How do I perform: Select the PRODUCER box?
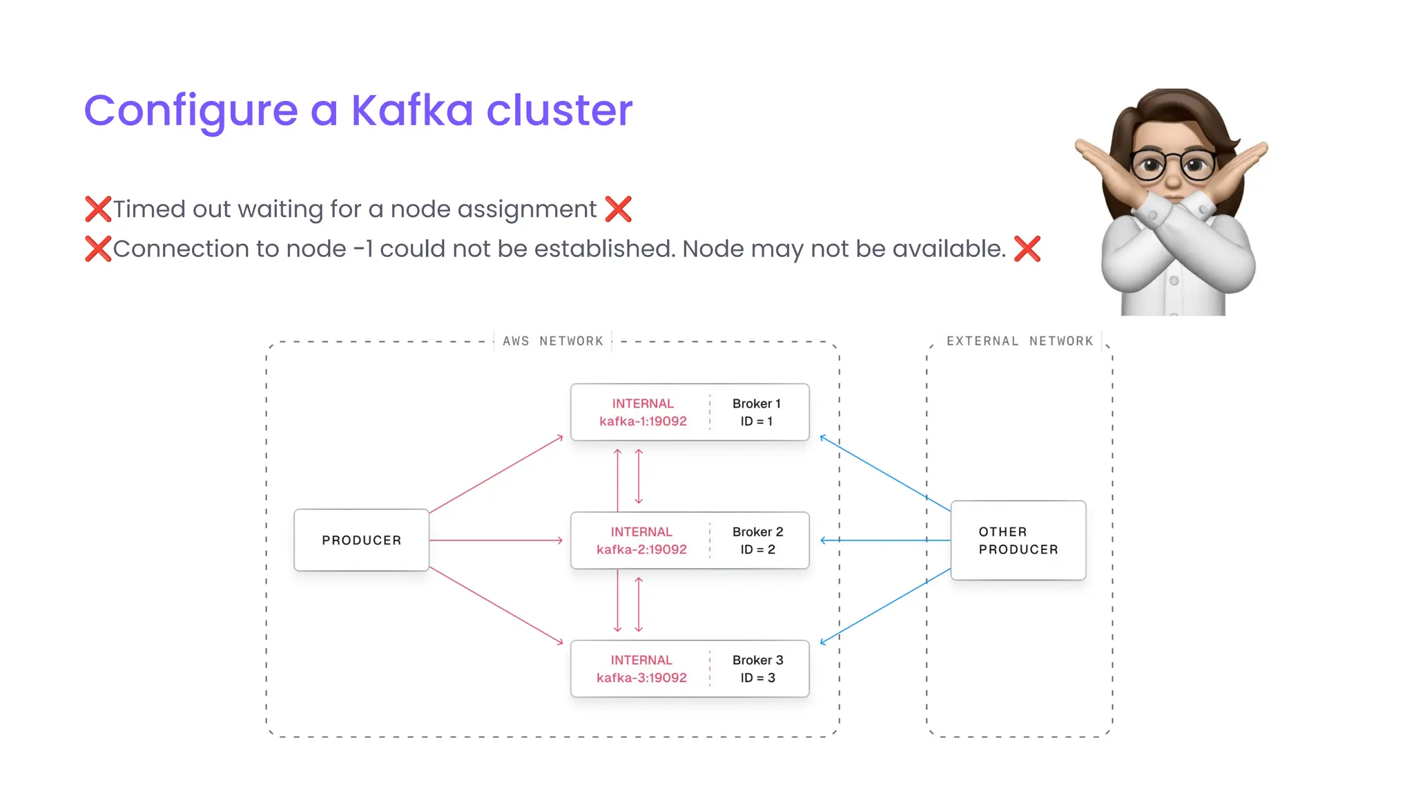[x=361, y=540]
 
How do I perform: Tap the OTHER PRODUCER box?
[x=1018, y=540]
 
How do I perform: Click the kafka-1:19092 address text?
[x=643, y=421]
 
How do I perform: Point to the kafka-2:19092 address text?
[x=641, y=550]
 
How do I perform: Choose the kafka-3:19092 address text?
[x=641, y=678]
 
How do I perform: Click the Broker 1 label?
[x=756, y=404]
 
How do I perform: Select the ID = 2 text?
[x=757, y=550]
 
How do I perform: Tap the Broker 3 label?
[x=757, y=660]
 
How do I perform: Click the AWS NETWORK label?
[x=552, y=341]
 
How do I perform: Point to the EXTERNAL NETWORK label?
[x=1019, y=341]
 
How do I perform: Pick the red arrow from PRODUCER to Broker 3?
[x=496, y=606]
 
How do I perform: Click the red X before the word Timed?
[x=98, y=209]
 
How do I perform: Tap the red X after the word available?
[x=1027, y=249]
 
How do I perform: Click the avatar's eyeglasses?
[x=1172, y=165]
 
